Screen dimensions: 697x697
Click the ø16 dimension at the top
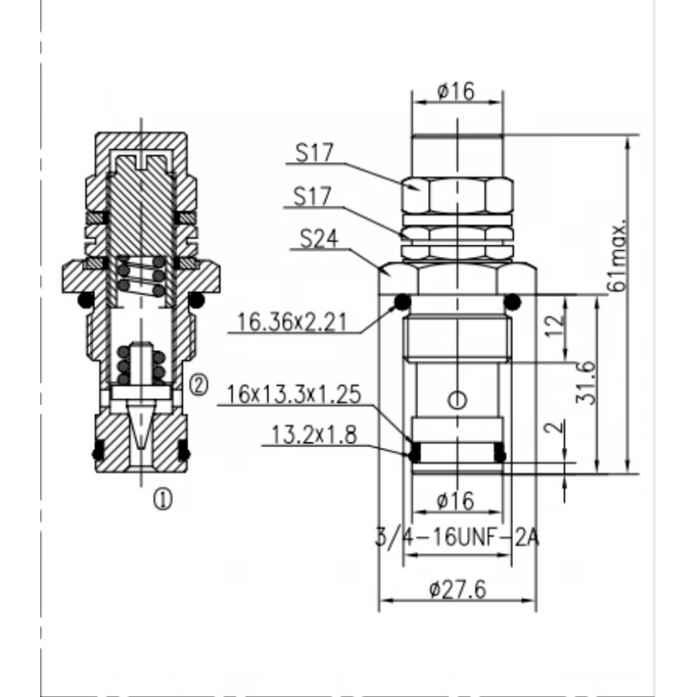click(456, 91)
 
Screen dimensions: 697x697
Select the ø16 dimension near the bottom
click(456, 501)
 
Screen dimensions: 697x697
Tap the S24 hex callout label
click(319, 239)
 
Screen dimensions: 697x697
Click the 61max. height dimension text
click(619, 254)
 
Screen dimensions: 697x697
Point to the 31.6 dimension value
click(585, 382)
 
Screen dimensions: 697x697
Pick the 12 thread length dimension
click(556, 326)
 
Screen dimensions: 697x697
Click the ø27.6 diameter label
click(457, 590)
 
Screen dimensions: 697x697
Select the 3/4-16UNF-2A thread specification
click(457, 538)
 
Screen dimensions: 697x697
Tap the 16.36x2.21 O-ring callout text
click(292, 321)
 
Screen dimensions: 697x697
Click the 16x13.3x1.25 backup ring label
click(294, 395)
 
